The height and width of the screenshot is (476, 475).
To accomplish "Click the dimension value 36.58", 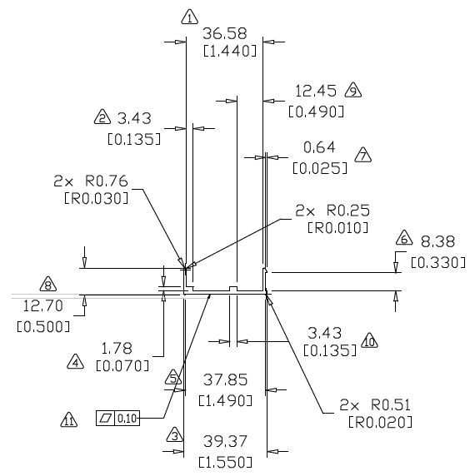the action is (x=225, y=33).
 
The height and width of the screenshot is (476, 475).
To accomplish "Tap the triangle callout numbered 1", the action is (x=190, y=17).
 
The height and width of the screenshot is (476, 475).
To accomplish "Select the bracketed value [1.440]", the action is (x=230, y=51).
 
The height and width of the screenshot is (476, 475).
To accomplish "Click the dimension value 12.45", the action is (x=316, y=91).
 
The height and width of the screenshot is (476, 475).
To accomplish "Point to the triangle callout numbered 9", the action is (x=353, y=90).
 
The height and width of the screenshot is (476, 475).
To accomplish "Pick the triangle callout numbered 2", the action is (x=102, y=117).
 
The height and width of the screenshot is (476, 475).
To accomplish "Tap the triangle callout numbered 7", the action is (x=362, y=155).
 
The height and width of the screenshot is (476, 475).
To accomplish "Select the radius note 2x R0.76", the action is (x=91, y=181).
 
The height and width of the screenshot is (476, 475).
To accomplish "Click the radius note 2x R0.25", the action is (x=332, y=211).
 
